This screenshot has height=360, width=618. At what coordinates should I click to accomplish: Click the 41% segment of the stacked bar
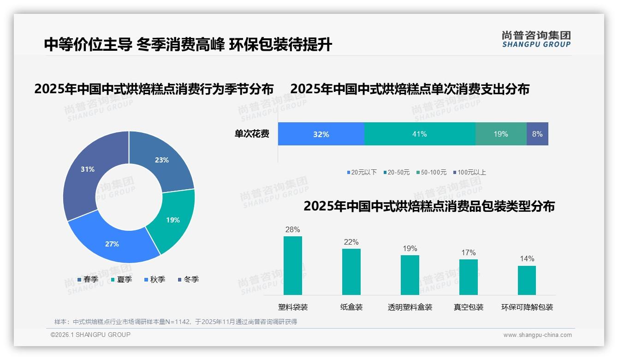click(420, 134)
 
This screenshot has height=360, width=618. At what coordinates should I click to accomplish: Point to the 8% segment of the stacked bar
click(537, 134)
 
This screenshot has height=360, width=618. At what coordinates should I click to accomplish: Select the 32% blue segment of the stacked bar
click(321, 134)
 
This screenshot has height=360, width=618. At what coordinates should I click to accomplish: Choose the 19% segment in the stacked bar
click(501, 134)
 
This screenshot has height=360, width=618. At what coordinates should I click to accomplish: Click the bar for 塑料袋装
click(293, 265)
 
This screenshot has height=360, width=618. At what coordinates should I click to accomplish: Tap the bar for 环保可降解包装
click(527, 280)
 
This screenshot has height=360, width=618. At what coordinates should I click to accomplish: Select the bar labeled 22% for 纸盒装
click(351, 271)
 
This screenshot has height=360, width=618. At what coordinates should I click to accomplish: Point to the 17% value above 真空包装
click(468, 253)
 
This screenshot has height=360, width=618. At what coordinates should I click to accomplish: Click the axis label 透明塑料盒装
click(410, 307)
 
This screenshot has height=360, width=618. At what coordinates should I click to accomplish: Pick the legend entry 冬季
click(188, 279)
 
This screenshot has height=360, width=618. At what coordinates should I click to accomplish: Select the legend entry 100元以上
click(470, 172)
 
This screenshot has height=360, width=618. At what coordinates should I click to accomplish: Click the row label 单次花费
click(252, 134)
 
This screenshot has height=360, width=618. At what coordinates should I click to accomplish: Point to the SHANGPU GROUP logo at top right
click(536, 39)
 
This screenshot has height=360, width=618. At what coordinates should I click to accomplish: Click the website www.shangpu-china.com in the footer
click(537, 335)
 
